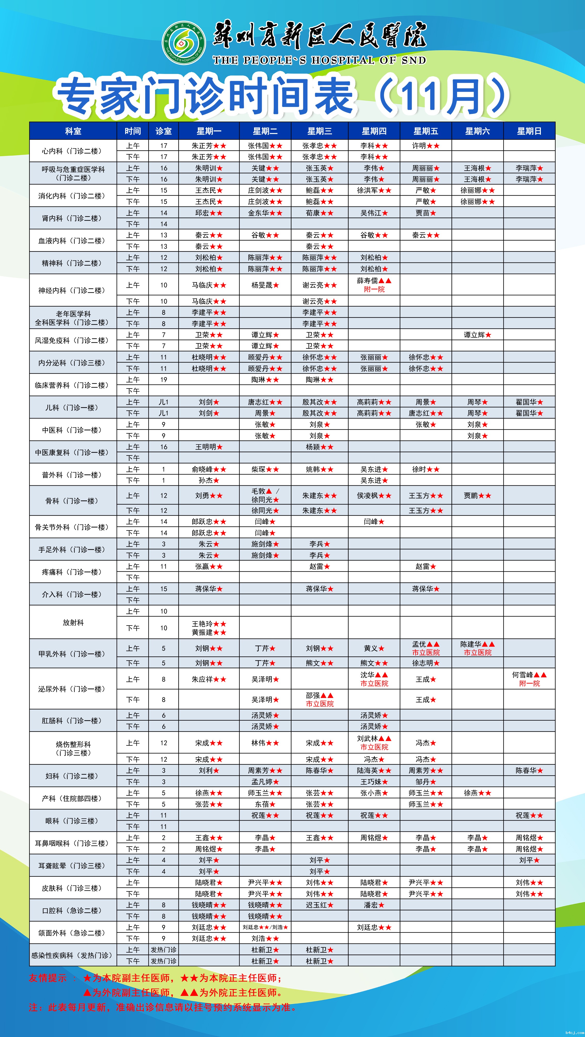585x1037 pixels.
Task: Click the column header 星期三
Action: pos(320,131)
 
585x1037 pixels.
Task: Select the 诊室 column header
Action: pos(164,131)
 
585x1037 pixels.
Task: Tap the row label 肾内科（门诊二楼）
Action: pos(73,218)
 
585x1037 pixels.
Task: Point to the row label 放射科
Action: pos(73,622)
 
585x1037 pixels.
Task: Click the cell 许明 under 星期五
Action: pos(425,146)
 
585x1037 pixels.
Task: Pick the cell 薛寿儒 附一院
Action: pos(374,285)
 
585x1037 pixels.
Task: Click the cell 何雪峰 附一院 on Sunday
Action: pos(529,679)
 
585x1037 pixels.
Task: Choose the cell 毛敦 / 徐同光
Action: pos(265,495)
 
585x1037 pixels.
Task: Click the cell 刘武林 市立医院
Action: pos(374,743)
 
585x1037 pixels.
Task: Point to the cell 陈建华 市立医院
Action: pos(477,648)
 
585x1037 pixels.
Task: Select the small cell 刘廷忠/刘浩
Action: pos(265,927)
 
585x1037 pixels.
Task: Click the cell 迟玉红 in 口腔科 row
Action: pos(320,905)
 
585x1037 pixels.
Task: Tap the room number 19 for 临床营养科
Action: pos(164,380)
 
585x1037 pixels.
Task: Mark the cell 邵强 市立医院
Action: pos(320,700)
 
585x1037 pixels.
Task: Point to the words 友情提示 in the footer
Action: pos(47,978)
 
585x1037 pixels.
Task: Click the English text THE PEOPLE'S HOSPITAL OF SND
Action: pos(319,60)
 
